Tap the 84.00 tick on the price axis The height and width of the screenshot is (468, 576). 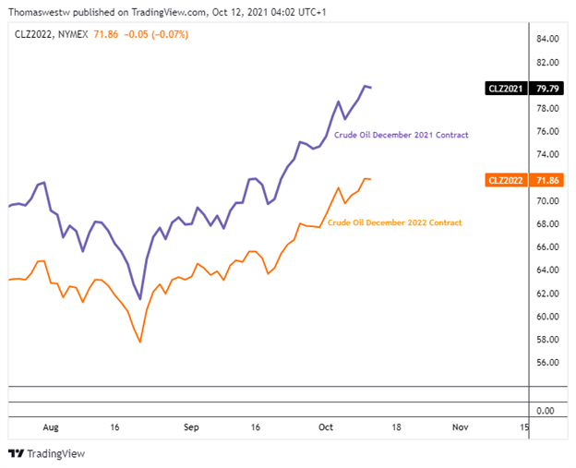[548, 40]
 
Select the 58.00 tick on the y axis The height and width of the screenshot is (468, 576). [548, 340]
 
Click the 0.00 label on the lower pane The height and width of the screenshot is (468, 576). [545, 410]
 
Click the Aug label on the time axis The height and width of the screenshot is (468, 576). [50, 428]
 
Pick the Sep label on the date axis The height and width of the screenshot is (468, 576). [191, 428]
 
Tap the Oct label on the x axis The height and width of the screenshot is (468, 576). [325, 428]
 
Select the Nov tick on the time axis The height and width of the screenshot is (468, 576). [459, 428]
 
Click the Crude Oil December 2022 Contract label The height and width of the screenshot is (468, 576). [395, 222]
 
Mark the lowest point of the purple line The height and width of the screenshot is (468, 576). [140, 299]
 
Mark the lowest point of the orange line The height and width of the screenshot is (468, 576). [140, 342]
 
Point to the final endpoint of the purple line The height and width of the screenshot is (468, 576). [371, 88]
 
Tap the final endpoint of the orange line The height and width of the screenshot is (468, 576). [371, 179]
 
